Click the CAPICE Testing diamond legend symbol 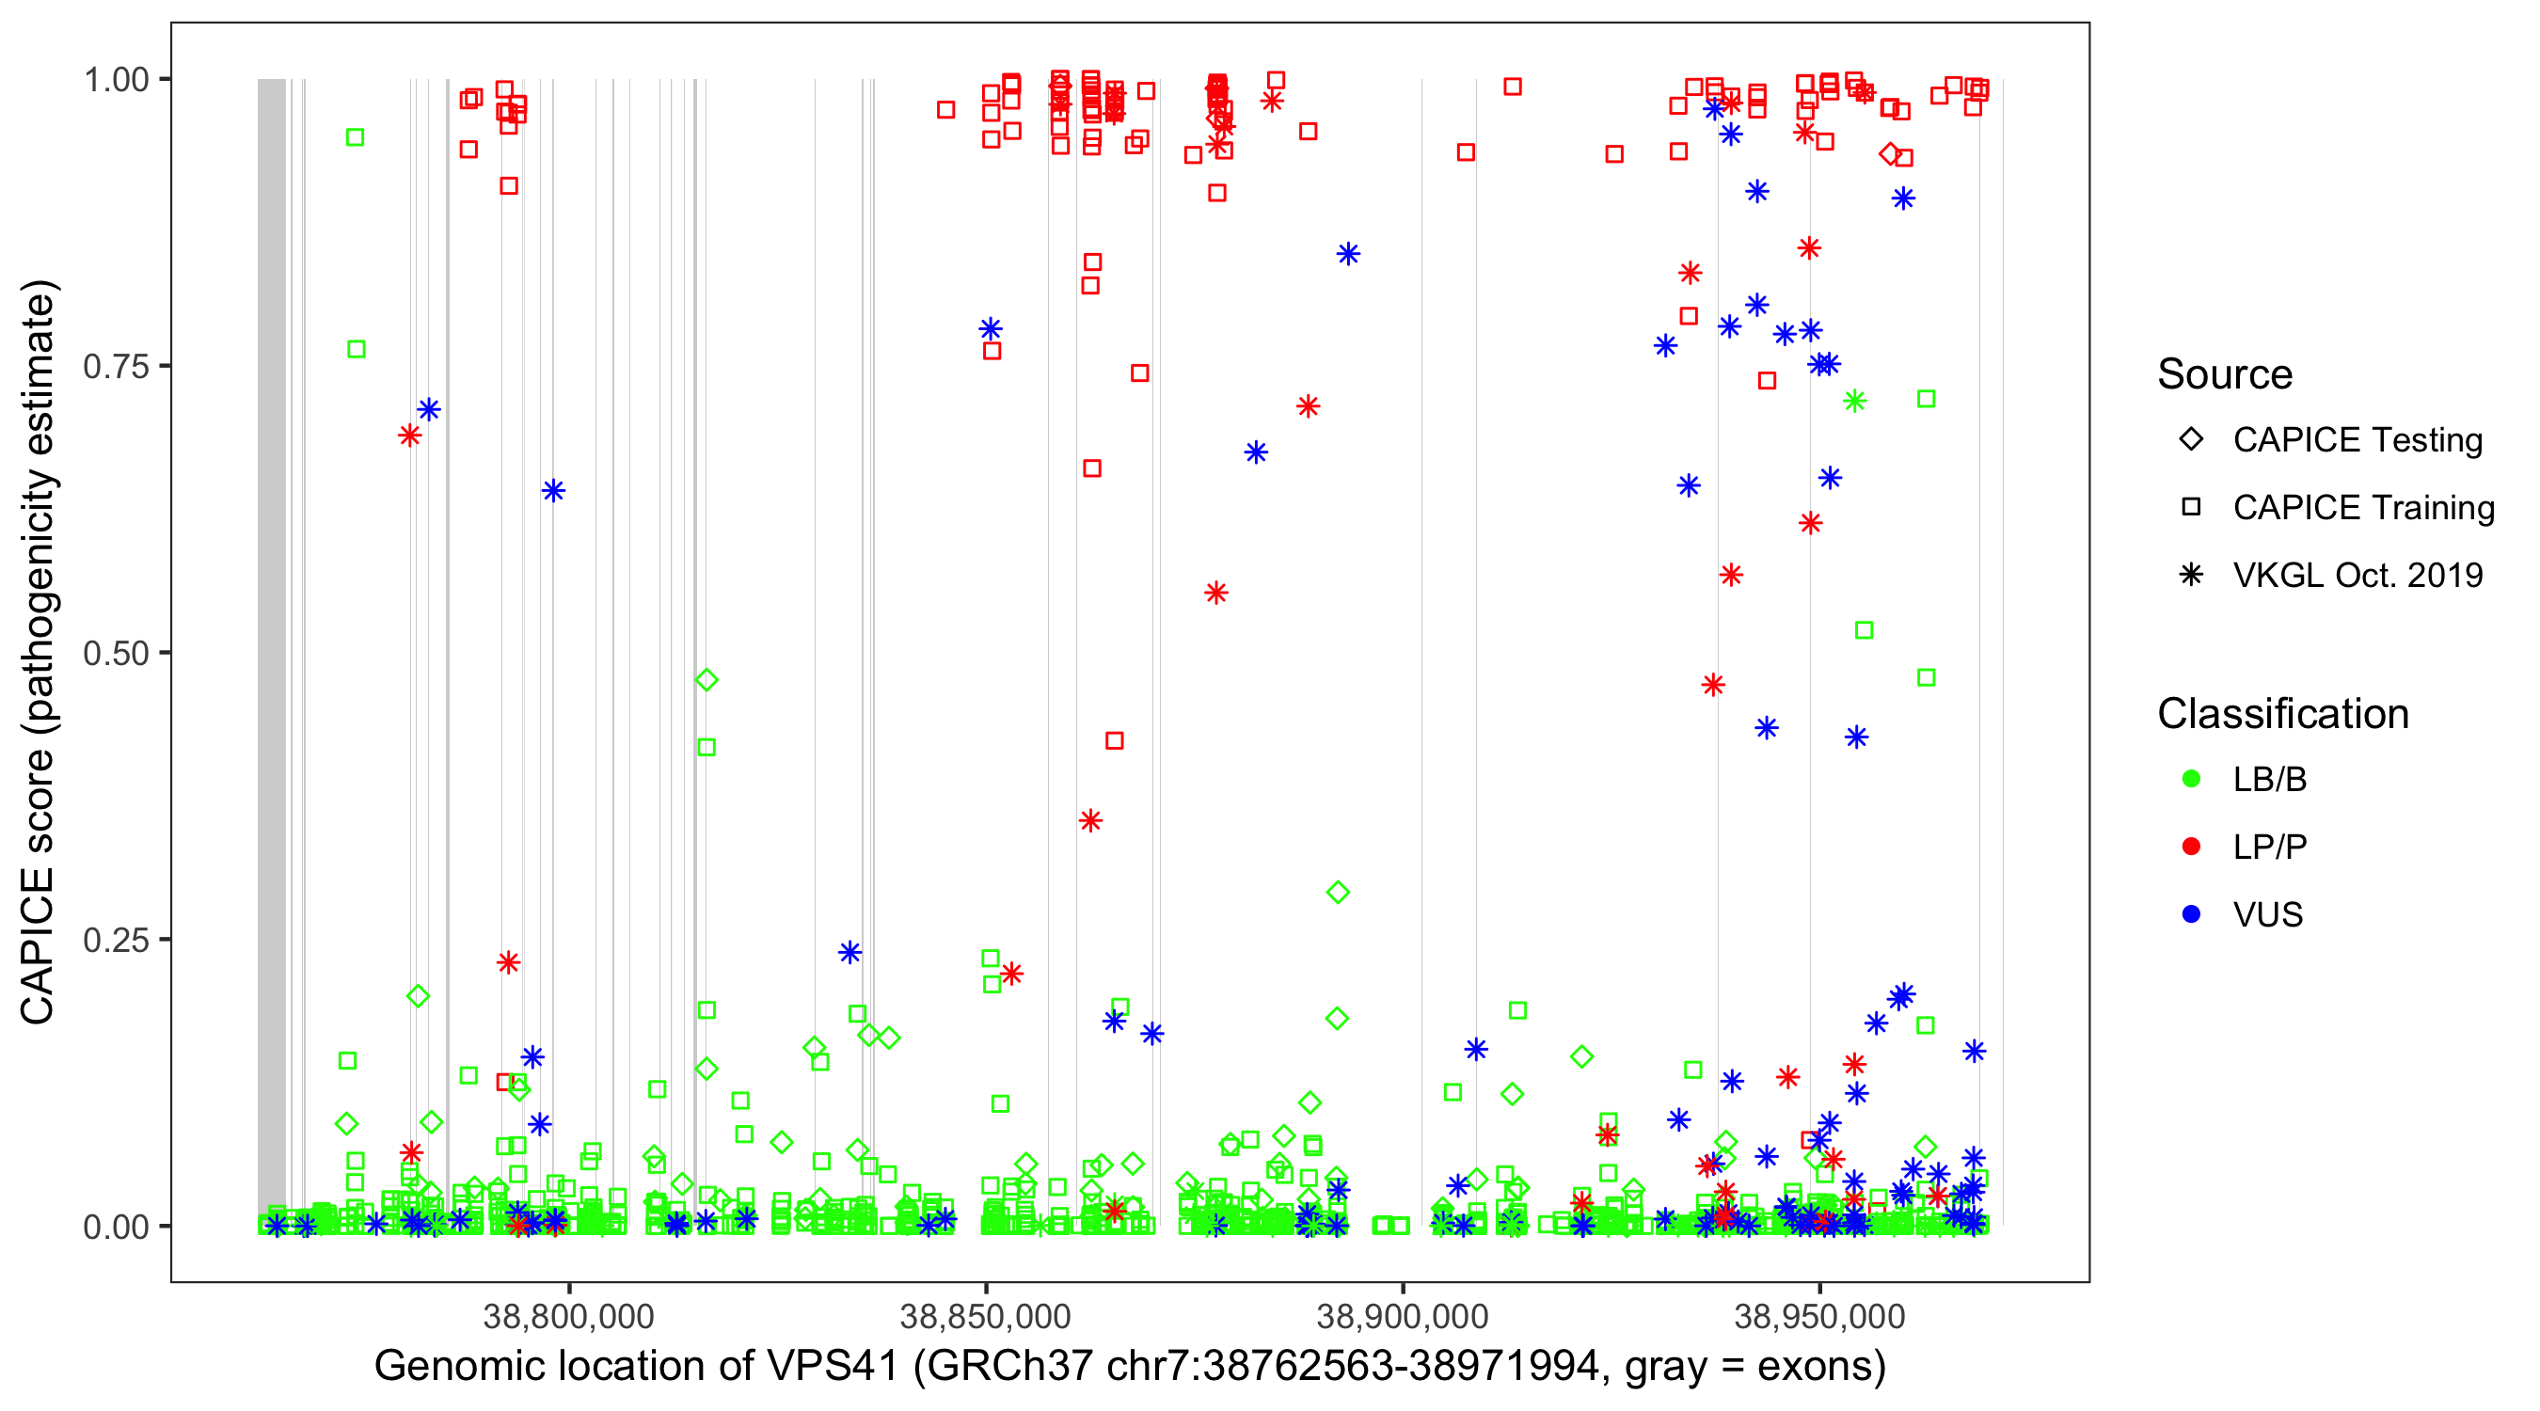coord(2191,440)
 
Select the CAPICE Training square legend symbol coord(2191,508)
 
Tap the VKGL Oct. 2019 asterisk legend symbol coord(2191,575)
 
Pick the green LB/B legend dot coord(2191,779)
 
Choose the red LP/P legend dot coord(2191,847)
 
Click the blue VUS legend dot coord(2191,914)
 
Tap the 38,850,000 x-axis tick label coord(985,1316)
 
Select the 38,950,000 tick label coord(1819,1316)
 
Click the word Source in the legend coord(2225,374)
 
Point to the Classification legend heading coord(2282,714)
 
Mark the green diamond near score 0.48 coord(706,680)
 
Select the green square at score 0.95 coord(355,137)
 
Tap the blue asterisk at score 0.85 coord(1348,254)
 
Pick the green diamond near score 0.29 coord(1338,894)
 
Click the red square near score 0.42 coord(1114,740)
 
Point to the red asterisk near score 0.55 coord(1215,594)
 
